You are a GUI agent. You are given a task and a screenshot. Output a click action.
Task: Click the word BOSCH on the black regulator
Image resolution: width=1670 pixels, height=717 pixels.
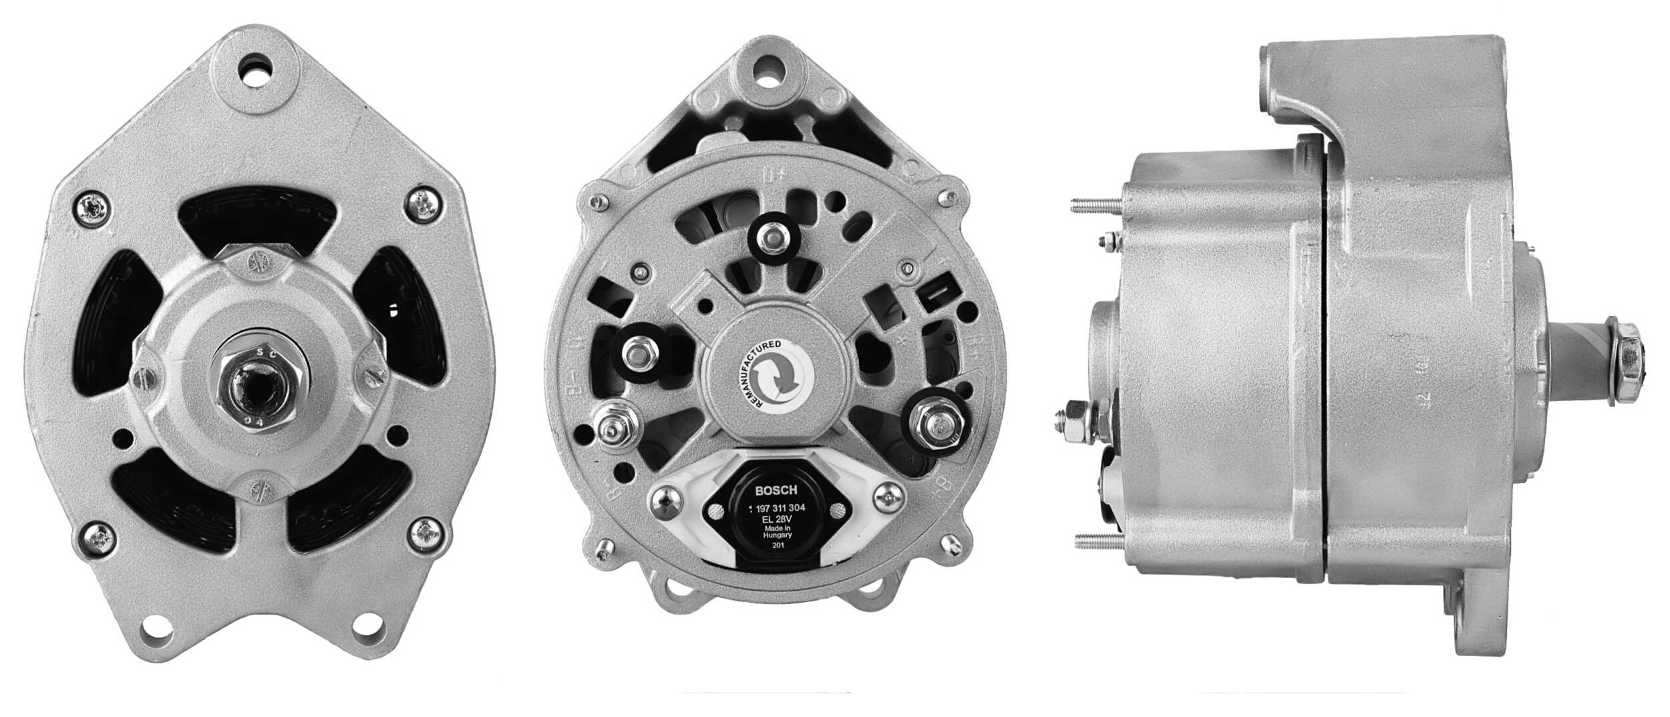coord(775,490)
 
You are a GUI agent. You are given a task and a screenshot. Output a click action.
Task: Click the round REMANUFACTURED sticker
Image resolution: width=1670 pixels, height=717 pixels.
coord(775,378)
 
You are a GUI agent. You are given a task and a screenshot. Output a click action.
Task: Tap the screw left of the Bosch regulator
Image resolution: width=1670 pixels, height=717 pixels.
coord(663,498)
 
